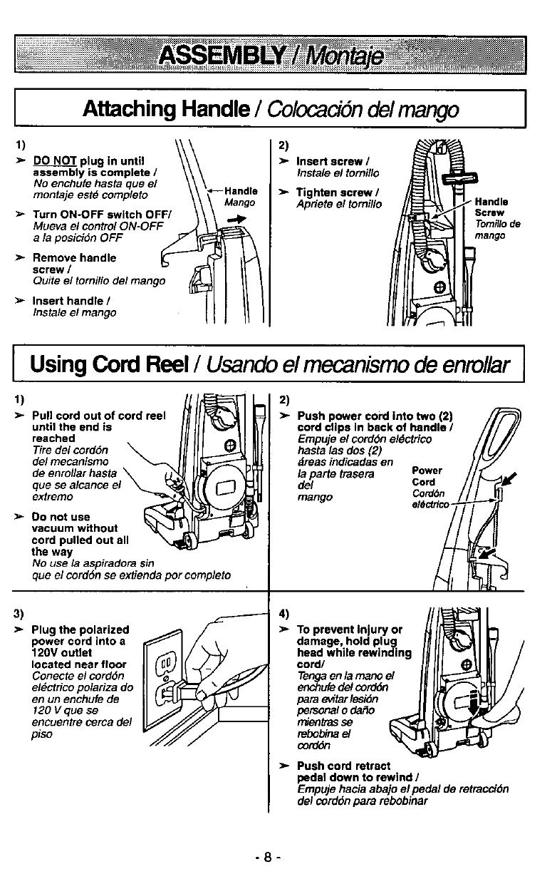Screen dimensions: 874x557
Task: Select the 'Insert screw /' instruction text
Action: (x=330, y=161)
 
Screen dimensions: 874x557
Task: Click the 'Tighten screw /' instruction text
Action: (x=334, y=192)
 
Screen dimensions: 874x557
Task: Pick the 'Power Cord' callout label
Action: (x=427, y=475)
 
